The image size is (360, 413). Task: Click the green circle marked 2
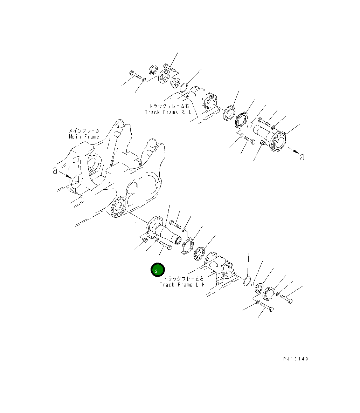pyautogui.click(x=158, y=270)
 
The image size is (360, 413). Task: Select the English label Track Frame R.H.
pyautogui.click(x=168, y=113)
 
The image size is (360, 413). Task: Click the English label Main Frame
pyautogui.click(x=84, y=137)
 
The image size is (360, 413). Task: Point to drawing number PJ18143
pyautogui.click(x=296, y=359)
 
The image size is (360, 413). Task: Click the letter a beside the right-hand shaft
pyautogui.click(x=302, y=157)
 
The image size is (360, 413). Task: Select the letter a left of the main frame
pyautogui.click(x=55, y=170)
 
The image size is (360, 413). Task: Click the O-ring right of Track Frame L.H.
pyautogui.click(x=247, y=281)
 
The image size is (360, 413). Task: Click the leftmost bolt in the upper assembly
pyautogui.click(x=134, y=75)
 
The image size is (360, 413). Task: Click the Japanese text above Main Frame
pyautogui.click(x=84, y=130)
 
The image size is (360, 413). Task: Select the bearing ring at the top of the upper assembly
pyautogui.click(x=153, y=69)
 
